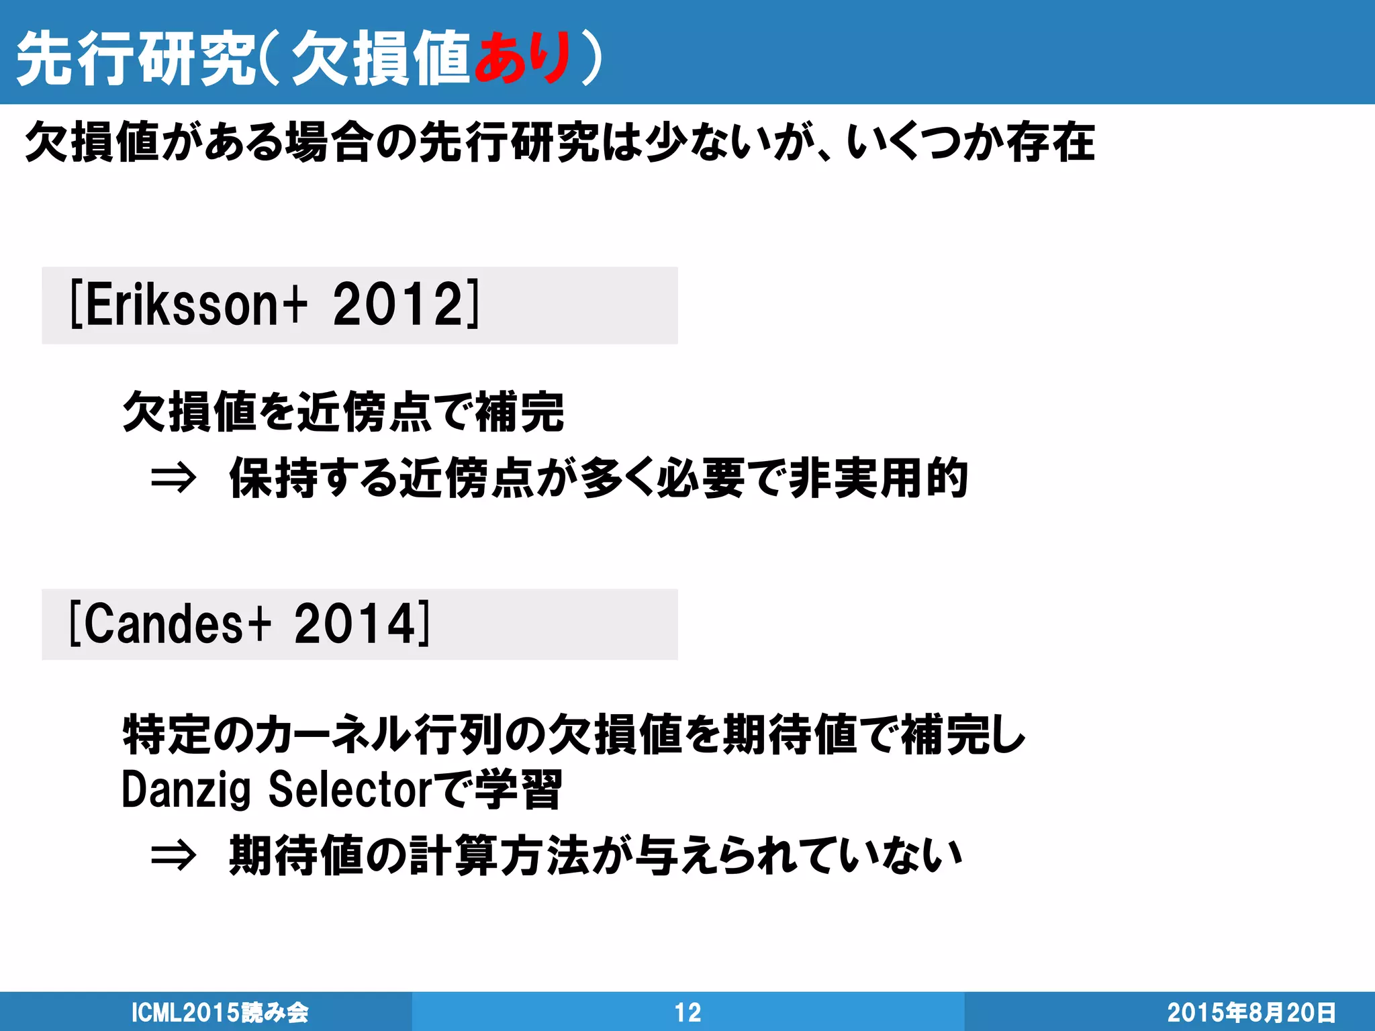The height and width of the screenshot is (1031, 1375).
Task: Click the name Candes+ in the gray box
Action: (178, 624)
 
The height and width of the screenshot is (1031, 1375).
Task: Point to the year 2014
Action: (356, 624)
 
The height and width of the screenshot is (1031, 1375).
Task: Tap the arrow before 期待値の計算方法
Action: (173, 856)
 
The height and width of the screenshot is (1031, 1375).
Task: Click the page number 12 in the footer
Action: (687, 1012)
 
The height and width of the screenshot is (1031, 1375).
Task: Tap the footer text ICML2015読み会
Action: (220, 1012)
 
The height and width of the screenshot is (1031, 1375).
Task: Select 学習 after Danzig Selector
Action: (518, 789)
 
